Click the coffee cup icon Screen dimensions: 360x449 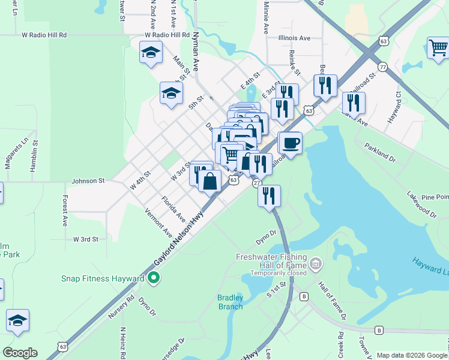(291, 143)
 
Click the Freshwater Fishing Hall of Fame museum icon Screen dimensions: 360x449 (316, 263)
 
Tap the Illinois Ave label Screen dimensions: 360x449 (294, 38)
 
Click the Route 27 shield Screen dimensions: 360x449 (256, 182)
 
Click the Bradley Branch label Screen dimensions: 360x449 (230, 302)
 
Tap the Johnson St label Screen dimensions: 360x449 (88, 180)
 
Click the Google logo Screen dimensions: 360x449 (20, 353)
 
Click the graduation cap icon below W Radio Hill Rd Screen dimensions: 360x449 (150, 53)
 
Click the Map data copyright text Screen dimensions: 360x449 (412, 355)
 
